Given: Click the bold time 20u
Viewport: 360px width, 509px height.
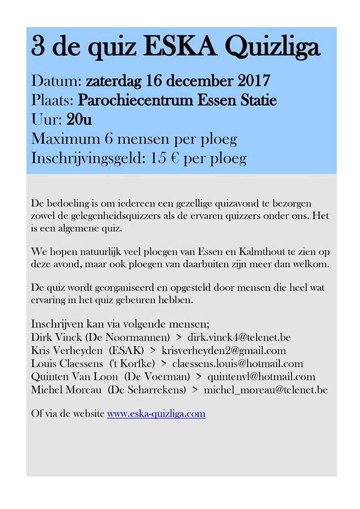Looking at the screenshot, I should pyautogui.click(x=80, y=119).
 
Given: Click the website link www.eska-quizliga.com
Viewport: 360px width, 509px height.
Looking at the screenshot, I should pyautogui.click(x=156, y=414).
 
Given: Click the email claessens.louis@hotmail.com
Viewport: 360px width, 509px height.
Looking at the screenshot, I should pyautogui.click(x=238, y=364).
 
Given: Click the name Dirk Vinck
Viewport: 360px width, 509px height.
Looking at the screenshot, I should pyautogui.click(x=56, y=337).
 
